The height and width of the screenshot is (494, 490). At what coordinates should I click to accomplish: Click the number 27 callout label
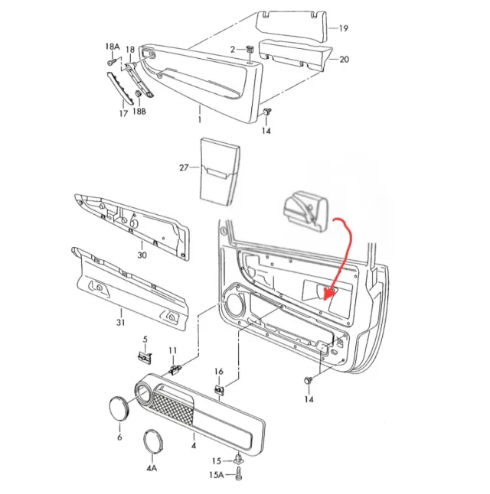[x=183, y=167]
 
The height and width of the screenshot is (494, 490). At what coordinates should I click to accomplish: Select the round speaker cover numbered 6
[x=119, y=407]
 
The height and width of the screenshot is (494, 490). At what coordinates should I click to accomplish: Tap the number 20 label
[x=343, y=59]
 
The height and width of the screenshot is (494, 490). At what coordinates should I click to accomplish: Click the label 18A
[x=112, y=47]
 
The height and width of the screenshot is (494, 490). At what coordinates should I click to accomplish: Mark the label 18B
[x=139, y=112]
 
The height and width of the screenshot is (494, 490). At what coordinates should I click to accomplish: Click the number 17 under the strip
[x=122, y=113]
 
